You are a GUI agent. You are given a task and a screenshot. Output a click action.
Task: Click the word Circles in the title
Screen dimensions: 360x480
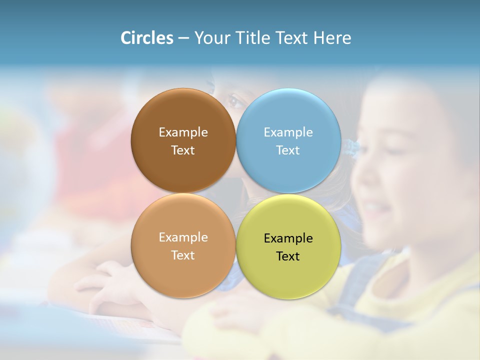pos(147,38)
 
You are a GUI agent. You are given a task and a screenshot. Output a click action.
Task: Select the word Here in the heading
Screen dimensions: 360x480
pos(332,38)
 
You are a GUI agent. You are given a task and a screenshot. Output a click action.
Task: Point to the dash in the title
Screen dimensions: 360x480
pos(183,38)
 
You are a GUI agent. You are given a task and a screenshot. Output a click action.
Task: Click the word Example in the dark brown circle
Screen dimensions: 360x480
pos(183,132)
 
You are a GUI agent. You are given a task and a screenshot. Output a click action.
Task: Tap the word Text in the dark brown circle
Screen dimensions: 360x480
pos(183,150)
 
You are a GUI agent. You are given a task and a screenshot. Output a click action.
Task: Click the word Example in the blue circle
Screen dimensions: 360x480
pos(288,132)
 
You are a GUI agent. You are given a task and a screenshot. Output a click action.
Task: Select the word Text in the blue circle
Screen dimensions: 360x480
pos(288,150)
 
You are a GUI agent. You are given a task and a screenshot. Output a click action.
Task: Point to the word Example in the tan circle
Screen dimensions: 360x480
pos(183,237)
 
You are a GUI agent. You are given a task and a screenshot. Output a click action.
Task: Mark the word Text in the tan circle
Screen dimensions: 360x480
pos(183,255)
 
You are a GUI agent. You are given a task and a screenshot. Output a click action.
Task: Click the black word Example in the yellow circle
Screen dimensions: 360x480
pos(288,238)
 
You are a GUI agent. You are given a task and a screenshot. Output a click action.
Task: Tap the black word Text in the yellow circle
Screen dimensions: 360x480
pos(288,256)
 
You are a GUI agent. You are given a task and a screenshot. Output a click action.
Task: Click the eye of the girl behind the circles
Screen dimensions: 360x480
pos(235,100)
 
